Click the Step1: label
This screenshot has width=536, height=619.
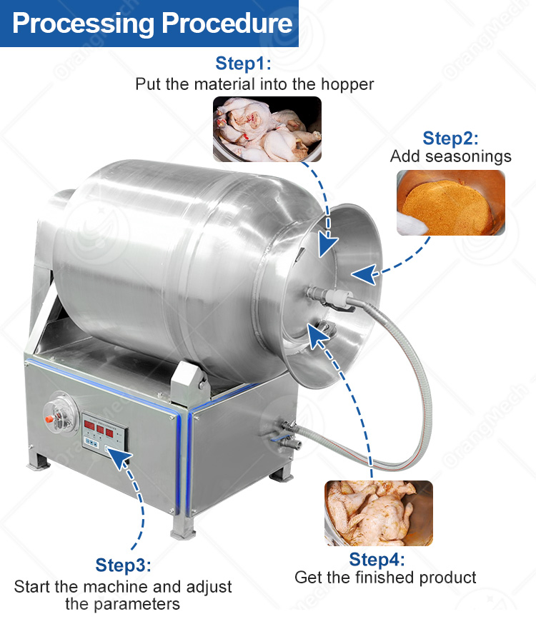click(244, 64)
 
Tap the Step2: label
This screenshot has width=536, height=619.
click(450, 138)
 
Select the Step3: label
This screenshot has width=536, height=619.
click(123, 566)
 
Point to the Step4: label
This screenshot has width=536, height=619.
click(377, 559)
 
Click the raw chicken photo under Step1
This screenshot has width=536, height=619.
click(267, 129)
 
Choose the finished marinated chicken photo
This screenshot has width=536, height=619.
click(379, 513)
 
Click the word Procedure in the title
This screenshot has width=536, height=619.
click(227, 24)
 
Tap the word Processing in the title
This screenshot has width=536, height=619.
click(84, 24)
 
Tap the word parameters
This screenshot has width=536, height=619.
click(123, 604)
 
